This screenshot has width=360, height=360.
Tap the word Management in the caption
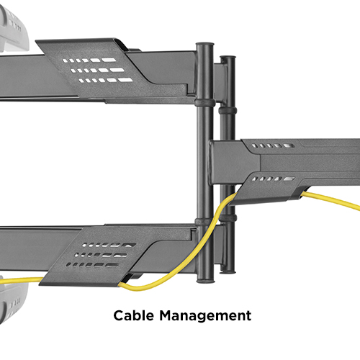coord(205,315)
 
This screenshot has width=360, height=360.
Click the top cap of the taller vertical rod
coord(204,45)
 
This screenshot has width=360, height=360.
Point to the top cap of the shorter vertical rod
coord(228,58)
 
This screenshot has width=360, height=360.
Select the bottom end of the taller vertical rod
coord(205,280)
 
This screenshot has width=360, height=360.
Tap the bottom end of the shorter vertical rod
coord(228,271)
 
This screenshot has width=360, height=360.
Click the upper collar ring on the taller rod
coord(204,103)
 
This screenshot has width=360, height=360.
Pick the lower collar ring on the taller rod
coord(204,222)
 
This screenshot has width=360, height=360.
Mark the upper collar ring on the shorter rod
coord(228,111)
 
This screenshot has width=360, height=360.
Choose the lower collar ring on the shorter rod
coord(228,218)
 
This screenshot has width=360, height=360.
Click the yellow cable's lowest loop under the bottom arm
coord(139,288)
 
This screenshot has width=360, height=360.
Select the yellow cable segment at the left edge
coord(20,280)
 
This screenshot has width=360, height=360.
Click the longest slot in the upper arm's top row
coord(109,60)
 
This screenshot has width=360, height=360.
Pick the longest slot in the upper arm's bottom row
coord(125,80)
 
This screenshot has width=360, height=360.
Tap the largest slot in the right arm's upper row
coord(289,145)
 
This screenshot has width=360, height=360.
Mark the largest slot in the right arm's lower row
coord(289,179)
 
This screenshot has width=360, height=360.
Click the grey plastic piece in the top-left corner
coord(12,30)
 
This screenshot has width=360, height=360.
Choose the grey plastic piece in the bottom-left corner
coord(12,301)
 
